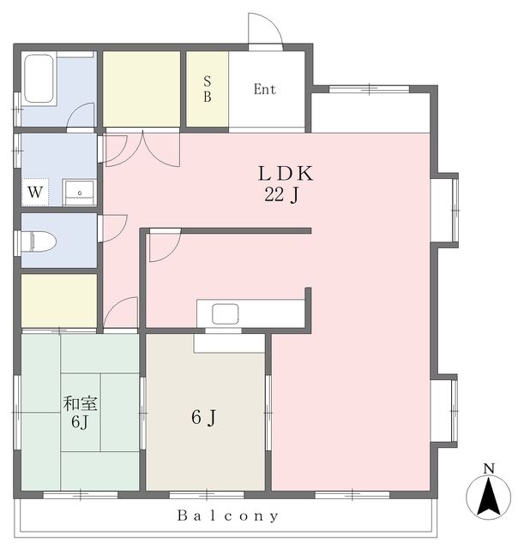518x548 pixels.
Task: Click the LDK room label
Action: pyautogui.click(x=286, y=174)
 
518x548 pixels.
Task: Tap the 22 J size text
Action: pyautogui.click(x=281, y=194)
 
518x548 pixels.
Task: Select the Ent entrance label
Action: pyautogui.click(x=265, y=89)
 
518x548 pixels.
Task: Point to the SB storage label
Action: pyautogui.click(x=208, y=89)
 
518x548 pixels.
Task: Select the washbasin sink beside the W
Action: pyautogui.click(x=79, y=192)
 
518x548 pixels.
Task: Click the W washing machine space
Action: pyautogui.click(x=35, y=192)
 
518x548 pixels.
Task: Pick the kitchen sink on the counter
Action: pyautogui.click(x=225, y=313)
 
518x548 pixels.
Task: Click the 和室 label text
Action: pyautogui.click(x=80, y=403)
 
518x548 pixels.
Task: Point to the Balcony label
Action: pyautogui.click(x=228, y=515)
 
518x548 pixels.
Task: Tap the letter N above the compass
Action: pyautogui.click(x=489, y=468)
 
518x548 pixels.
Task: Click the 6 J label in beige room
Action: pyautogui.click(x=204, y=417)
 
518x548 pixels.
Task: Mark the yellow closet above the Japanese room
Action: pyautogui.click(x=59, y=301)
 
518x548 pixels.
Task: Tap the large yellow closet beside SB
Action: pyautogui.click(x=142, y=89)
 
